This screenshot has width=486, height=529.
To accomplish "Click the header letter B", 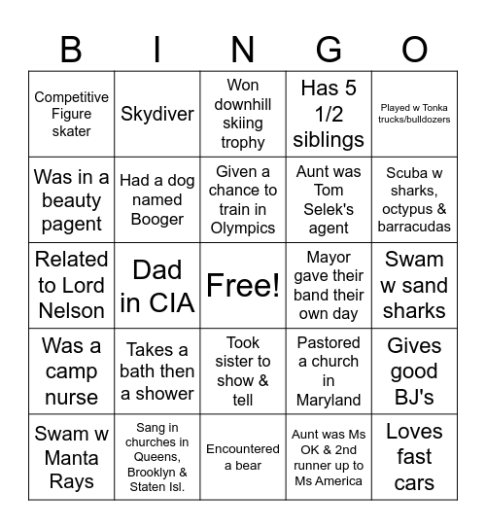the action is (x=71, y=50).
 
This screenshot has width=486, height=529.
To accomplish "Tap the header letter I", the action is (x=156, y=50).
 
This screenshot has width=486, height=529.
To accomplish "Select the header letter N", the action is (x=243, y=50).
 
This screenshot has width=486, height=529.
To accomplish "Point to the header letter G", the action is (x=329, y=50).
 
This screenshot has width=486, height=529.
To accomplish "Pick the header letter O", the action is (x=415, y=50).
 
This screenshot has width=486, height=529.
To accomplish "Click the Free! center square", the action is (x=243, y=286).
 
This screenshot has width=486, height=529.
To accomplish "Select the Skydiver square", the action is (x=156, y=114).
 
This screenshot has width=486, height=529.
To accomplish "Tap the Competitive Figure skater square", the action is (x=71, y=114).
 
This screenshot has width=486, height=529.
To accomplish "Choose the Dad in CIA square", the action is (x=156, y=286).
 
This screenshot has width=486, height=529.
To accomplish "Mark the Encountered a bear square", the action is (x=243, y=457).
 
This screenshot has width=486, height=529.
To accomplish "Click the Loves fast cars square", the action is (x=415, y=457).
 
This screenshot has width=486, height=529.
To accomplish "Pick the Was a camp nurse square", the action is (x=71, y=371).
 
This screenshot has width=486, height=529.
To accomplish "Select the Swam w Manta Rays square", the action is (x=71, y=457).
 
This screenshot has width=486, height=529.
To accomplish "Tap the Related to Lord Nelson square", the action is (x=71, y=286).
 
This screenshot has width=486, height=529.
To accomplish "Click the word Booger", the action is (x=156, y=219).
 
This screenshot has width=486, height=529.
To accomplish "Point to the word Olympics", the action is (x=243, y=229).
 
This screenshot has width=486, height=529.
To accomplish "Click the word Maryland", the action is (x=329, y=401).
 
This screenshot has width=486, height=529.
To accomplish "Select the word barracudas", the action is (x=415, y=227).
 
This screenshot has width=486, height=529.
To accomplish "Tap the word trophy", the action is (x=243, y=142).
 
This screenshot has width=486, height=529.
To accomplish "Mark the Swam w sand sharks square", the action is (x=415, y=286).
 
